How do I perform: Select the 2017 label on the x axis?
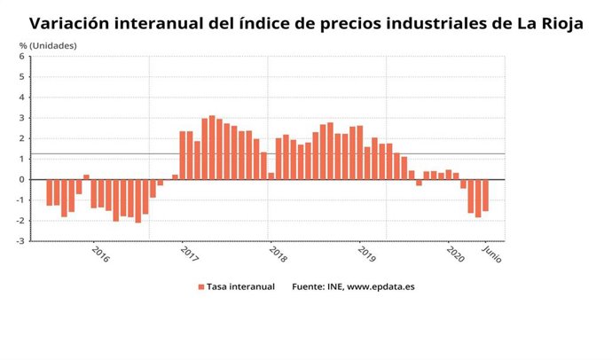(x=189, y=254)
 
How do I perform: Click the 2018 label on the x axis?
(x=278, y=254)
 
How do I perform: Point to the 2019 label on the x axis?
(x=366, y=254)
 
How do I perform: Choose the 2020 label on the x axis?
(x=455, y=254)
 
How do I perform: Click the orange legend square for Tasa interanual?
(x=201, y=287)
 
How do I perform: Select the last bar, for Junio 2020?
(x=485, y=195)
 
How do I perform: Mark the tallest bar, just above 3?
(x=212, y=147)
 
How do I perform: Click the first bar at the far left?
(x=50, y=192)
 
